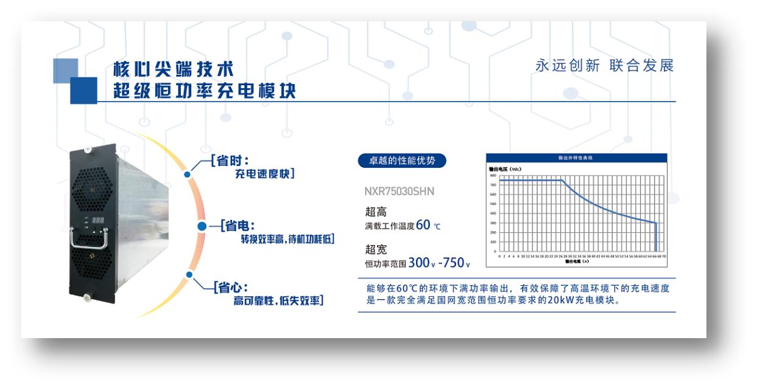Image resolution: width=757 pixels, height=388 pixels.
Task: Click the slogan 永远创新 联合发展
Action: pyautogui.click(x=605, y=66)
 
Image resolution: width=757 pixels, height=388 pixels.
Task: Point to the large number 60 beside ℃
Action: pyautogui.click(x=424, y=225)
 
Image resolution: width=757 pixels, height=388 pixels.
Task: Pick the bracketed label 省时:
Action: pyautogui.click(x=230, y=161)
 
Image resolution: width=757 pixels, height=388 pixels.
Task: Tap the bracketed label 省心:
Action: pyautogui.click(x=230, y=286)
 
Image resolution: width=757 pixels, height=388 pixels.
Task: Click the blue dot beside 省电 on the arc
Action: pyautogui.click(x=203, y=226)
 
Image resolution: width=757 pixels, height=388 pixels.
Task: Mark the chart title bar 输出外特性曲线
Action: pyautogui.click(x=576, y=158)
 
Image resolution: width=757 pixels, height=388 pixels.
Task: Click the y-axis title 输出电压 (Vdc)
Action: pyautogui.click(x=506, y=168)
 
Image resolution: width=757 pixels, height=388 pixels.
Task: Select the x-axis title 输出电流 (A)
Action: pyautogui.click(x=577, y=262)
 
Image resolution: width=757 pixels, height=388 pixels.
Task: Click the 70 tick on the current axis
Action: pyautogui.click(x=663, y=257)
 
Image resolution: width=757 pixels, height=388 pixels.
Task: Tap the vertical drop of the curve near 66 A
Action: pyautogui.click(x=656, y=237)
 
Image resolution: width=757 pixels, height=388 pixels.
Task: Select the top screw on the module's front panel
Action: pyautogui.click(x=89, y=148)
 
